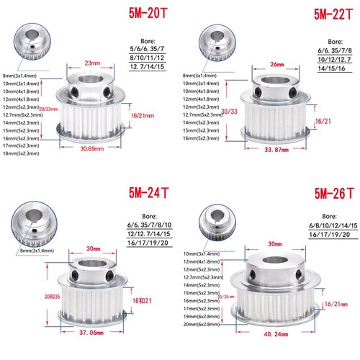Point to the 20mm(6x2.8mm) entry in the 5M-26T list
click(204, 325)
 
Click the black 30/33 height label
click(228, 111)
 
